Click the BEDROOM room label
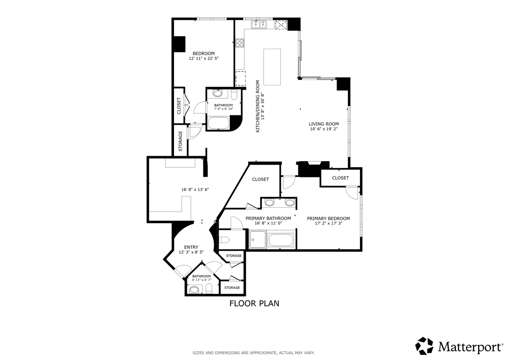203,54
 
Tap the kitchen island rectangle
272,67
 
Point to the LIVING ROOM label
324,124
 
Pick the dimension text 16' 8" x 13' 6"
195,189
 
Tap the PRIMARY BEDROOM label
328,218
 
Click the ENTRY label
191,247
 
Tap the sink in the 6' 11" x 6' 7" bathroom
194,290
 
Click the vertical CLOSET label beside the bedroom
179,105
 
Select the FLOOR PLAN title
254,303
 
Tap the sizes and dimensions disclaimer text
254,353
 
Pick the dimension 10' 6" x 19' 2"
324,130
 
